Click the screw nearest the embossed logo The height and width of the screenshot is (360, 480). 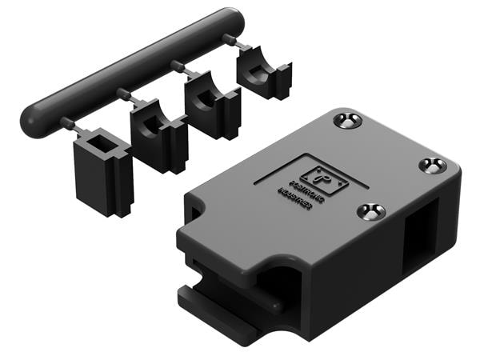370,211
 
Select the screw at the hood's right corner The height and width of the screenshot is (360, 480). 433,166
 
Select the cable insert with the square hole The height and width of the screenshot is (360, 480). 102,171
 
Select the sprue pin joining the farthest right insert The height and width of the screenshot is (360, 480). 230,39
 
